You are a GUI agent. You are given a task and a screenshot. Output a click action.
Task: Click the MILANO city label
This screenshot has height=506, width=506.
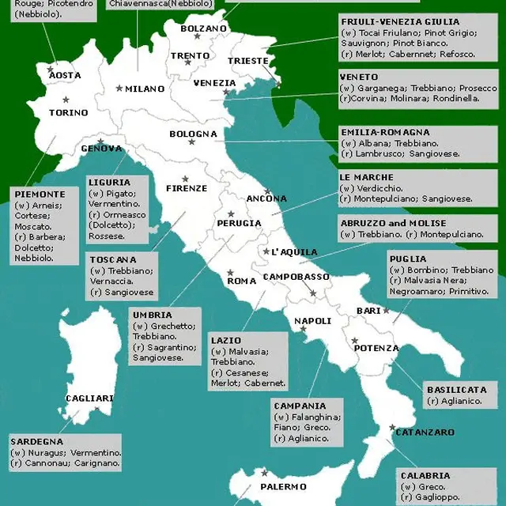[144, 89]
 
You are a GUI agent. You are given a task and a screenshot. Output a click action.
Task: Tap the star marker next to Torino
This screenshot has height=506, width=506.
[66, 99]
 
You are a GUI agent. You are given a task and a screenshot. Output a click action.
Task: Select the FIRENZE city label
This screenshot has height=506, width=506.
[187, 188]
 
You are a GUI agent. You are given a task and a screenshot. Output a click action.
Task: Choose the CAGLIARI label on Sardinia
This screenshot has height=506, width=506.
[89, 398]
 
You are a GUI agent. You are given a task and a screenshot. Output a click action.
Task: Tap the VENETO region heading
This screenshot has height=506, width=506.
[358, 77]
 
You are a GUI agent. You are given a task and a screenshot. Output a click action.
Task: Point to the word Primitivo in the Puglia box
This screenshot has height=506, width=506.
[470, 292]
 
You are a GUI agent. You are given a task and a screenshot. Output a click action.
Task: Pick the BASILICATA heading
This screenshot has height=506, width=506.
[456, 390]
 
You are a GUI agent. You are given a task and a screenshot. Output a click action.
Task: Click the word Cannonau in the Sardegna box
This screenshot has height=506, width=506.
[47, 463]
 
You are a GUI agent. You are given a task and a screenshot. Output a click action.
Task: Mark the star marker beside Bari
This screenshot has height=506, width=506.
[386, 311]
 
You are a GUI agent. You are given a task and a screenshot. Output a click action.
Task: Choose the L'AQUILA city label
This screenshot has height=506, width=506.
[294, 252]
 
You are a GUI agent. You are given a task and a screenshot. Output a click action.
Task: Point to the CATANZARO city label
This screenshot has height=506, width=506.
[425, 432]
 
